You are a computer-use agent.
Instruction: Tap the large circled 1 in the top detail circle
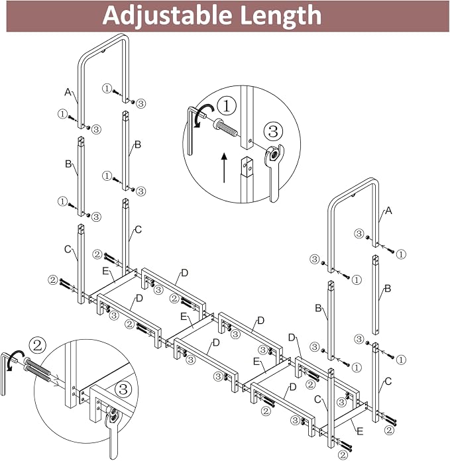(227, 106)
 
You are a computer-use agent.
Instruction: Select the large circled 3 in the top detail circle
(273, 131)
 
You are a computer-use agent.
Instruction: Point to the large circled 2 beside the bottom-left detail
(38, 346)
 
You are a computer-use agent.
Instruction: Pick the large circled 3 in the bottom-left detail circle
(123, 389)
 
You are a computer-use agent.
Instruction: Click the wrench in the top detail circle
(275, 174)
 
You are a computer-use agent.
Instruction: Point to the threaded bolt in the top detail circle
(225, 127)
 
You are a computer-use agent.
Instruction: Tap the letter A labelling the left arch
(68, 92)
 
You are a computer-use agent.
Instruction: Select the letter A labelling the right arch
(388, 211)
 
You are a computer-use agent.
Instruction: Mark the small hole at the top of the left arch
(103, 52)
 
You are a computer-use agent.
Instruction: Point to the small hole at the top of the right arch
(353, 195)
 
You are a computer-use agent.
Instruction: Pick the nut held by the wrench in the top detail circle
(273, 154)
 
